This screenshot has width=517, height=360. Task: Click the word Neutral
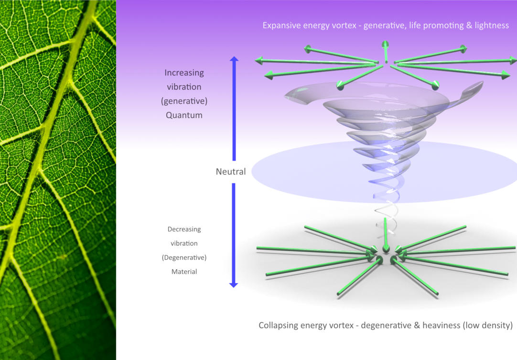pyautogui.click(x=231, y=172)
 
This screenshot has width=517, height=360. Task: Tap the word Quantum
pyautogui.click(x=184, y=115)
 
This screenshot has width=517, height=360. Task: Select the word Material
pyautogui.click(x=184, y=272)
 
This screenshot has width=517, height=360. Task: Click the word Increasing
pyautogui.click(x=184, y=73)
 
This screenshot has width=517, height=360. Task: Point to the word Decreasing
pyautogui.click(x=184, y=229)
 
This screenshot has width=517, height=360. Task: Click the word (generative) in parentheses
pyautogui.click(x=184, y=101)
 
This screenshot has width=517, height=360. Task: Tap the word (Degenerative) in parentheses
pyautogui.click(x=184, y=258)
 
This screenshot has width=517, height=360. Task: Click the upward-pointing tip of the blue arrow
pyautogui.click(x=234, y=58)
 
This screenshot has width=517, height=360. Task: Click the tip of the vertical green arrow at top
pyautogui.click(x=385, y=44)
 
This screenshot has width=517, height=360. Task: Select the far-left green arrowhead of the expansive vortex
pyautogui.click(x=258, y=60)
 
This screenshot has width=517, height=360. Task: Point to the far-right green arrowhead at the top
pyautogui.click(x=513, y=60)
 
